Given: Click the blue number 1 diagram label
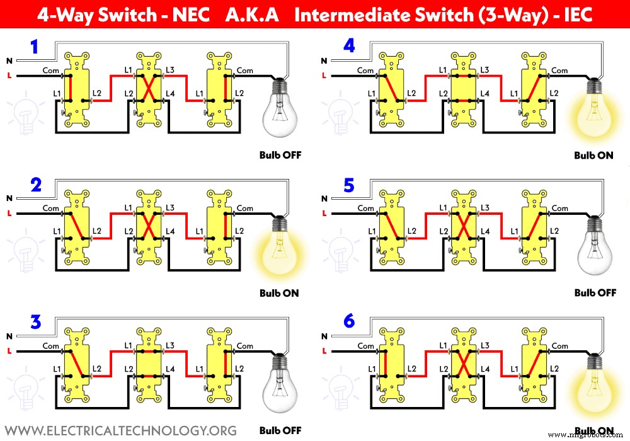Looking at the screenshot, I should [x=35, y=47].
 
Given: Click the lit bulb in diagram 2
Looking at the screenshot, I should [x=278, y=249].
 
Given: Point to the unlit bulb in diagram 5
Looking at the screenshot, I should [x=594, y=249].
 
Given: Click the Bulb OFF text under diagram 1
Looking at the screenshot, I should [x=280, y=155].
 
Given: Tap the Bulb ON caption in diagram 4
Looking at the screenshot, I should [x=593, y=155].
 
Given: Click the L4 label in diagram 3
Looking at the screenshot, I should [x=170, y=368].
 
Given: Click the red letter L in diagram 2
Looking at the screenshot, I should [x=9, y=214].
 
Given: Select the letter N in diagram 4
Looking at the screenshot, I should [x=324, y=61].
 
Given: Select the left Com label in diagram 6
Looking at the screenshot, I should [x=365, y=345].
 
